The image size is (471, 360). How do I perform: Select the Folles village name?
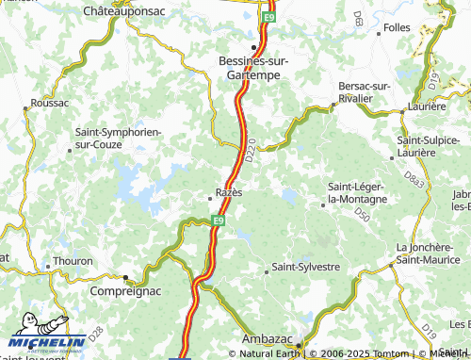click(397, 27)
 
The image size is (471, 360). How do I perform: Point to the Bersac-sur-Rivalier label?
click(364, 91)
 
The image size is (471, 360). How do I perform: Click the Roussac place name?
click(50, 102)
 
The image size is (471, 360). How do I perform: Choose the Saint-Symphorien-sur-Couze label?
click(119, 138)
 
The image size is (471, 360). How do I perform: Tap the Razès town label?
click(229, 192)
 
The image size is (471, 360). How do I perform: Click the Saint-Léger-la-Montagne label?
click(357, 193)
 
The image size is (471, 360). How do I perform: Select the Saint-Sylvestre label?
click(305, 268)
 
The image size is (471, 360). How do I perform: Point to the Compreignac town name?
click(88, 292)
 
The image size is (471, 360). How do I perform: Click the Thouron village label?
click(74, 261)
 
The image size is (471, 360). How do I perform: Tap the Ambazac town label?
click(269, 338)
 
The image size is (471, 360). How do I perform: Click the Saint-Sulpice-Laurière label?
click(429, 145)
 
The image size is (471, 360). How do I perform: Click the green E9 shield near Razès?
click(219, 221)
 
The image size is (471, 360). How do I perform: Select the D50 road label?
click(362, 216)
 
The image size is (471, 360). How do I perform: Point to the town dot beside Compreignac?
click(126, 277)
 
